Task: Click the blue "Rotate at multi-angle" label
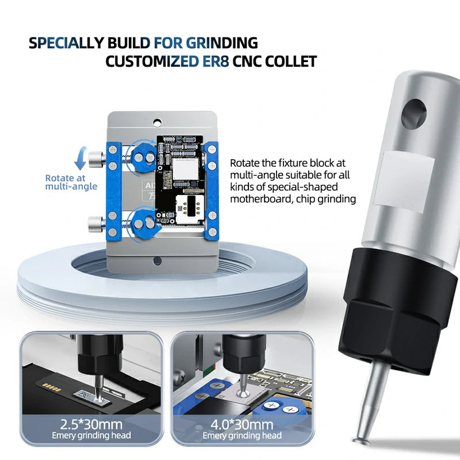pos(71,182)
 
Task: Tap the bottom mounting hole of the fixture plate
pos(156,260)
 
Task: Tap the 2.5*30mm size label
pos(93,425)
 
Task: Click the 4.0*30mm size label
pos(243,425)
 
